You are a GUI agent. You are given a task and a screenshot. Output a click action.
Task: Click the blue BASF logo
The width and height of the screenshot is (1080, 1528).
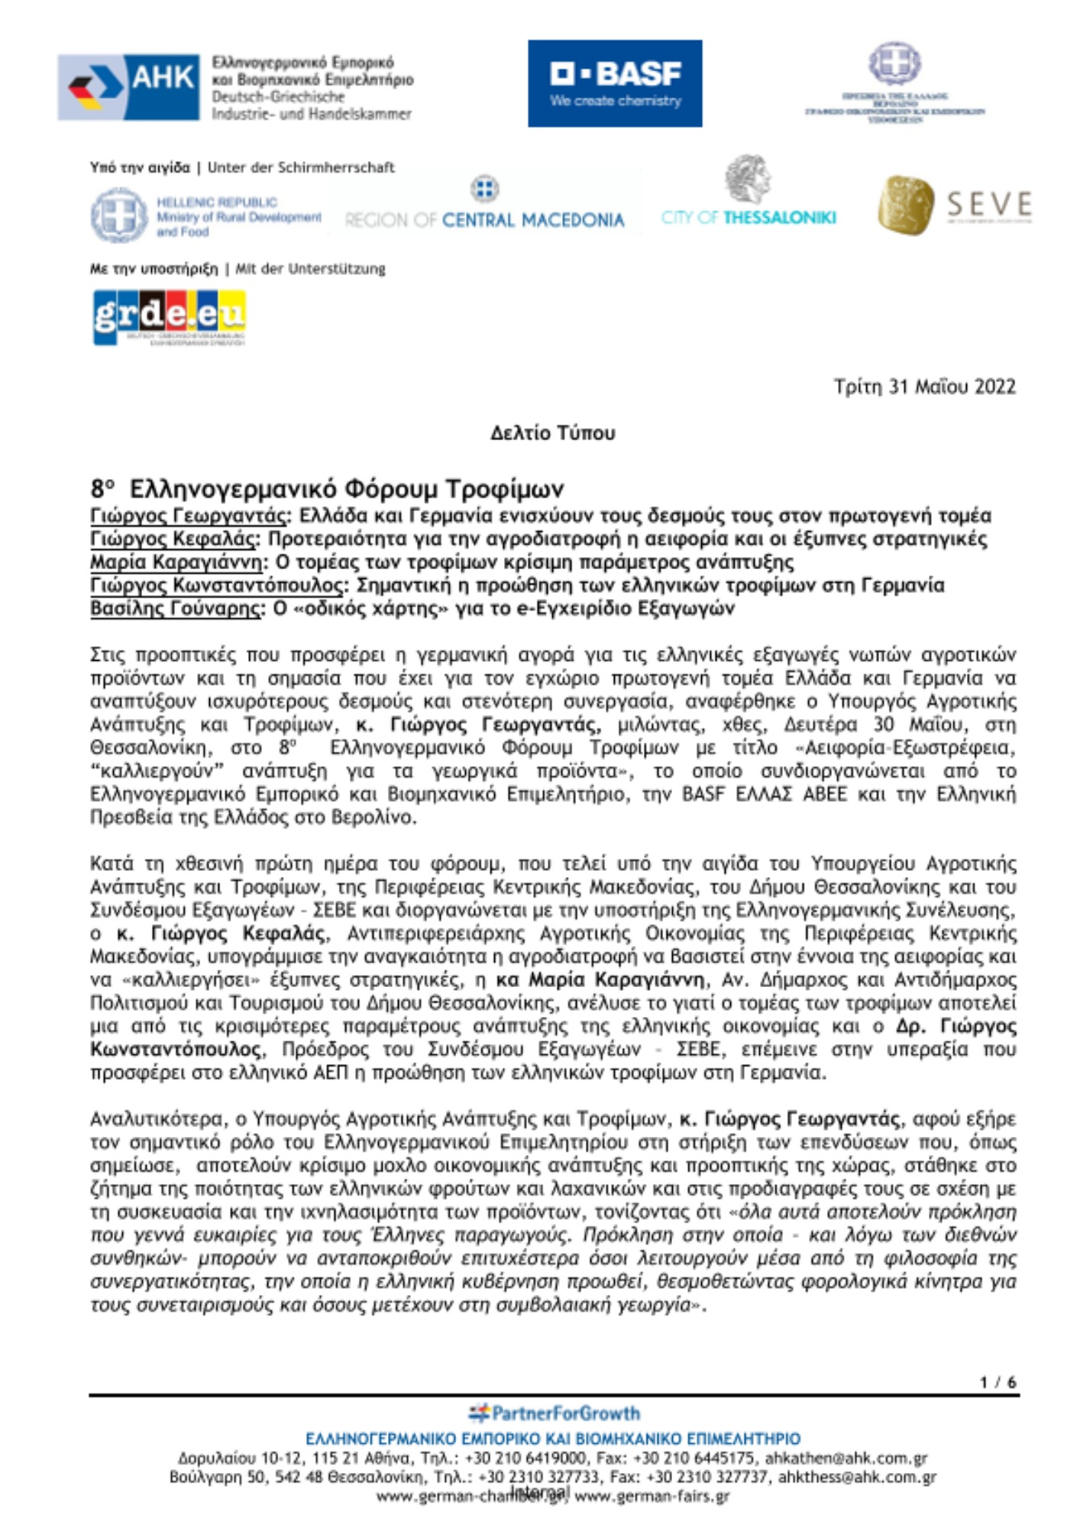615,83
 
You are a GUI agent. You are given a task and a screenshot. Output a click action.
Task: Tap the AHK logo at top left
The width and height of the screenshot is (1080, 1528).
129,87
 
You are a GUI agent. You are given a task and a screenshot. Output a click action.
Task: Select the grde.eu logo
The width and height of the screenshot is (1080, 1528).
169,317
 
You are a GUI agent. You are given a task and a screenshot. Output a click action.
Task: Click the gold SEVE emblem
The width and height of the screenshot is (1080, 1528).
906,205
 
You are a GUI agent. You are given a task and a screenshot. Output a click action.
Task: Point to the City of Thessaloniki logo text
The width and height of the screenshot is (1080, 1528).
749,218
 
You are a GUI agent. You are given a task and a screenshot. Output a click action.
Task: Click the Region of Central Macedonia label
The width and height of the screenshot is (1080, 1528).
484,220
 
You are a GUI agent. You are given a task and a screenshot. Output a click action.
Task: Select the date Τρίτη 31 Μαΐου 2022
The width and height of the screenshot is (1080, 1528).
924,387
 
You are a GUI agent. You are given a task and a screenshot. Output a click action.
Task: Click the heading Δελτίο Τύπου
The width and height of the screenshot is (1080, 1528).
552,433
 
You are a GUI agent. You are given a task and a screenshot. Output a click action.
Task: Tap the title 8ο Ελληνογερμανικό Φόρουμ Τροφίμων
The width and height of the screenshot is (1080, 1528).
327,488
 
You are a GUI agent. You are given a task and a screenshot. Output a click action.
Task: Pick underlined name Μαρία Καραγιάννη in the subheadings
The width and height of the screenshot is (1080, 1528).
178,562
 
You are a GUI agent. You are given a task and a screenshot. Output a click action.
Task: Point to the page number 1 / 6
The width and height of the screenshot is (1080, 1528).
998,1382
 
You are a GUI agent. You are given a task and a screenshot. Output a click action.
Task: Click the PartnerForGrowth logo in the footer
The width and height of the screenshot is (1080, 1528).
555,1413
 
